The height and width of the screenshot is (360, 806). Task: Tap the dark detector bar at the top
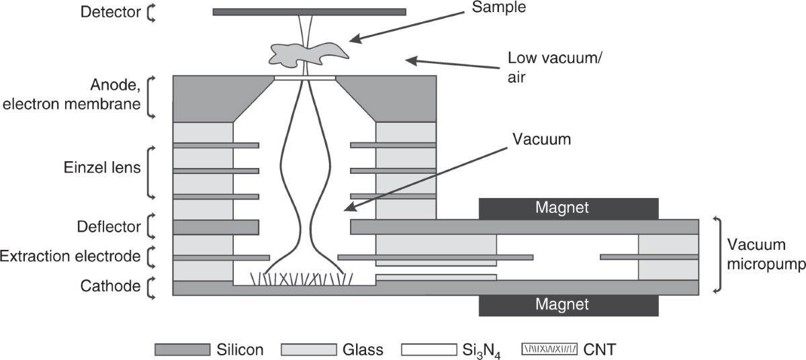coord(309,11)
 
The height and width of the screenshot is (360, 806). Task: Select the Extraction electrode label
coord(70,256)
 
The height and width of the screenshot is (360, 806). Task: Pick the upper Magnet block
coord(568,208)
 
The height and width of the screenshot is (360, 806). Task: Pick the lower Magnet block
coord(568,305)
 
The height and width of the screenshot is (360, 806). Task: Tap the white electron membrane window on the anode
coord(304,77)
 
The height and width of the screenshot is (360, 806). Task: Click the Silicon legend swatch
coord(181,349)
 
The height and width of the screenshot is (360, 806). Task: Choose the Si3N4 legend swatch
coord(429,349)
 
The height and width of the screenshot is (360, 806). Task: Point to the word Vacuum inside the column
coord(541,140)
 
